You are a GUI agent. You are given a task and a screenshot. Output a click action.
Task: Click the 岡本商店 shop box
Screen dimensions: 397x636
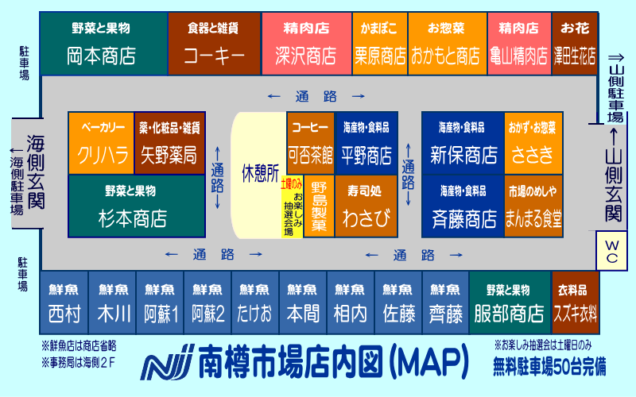point(103,44)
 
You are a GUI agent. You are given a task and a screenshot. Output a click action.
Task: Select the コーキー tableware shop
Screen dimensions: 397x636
point(213,44)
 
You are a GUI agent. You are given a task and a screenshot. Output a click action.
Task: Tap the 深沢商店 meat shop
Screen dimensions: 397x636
point(306,44)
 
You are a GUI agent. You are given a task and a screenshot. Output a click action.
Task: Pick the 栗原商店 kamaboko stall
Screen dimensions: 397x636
point(379,44)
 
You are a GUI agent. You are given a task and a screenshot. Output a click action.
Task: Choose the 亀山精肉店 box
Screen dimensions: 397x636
point(519,44)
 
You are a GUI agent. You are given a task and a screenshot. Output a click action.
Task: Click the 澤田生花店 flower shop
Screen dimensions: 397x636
point(574,44)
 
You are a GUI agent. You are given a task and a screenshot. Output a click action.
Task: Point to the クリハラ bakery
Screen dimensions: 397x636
point(101,143)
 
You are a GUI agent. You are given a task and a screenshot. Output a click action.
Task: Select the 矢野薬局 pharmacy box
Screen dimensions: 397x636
point(169,143)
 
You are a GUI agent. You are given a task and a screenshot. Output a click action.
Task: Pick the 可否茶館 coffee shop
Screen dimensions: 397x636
point(310,143)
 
